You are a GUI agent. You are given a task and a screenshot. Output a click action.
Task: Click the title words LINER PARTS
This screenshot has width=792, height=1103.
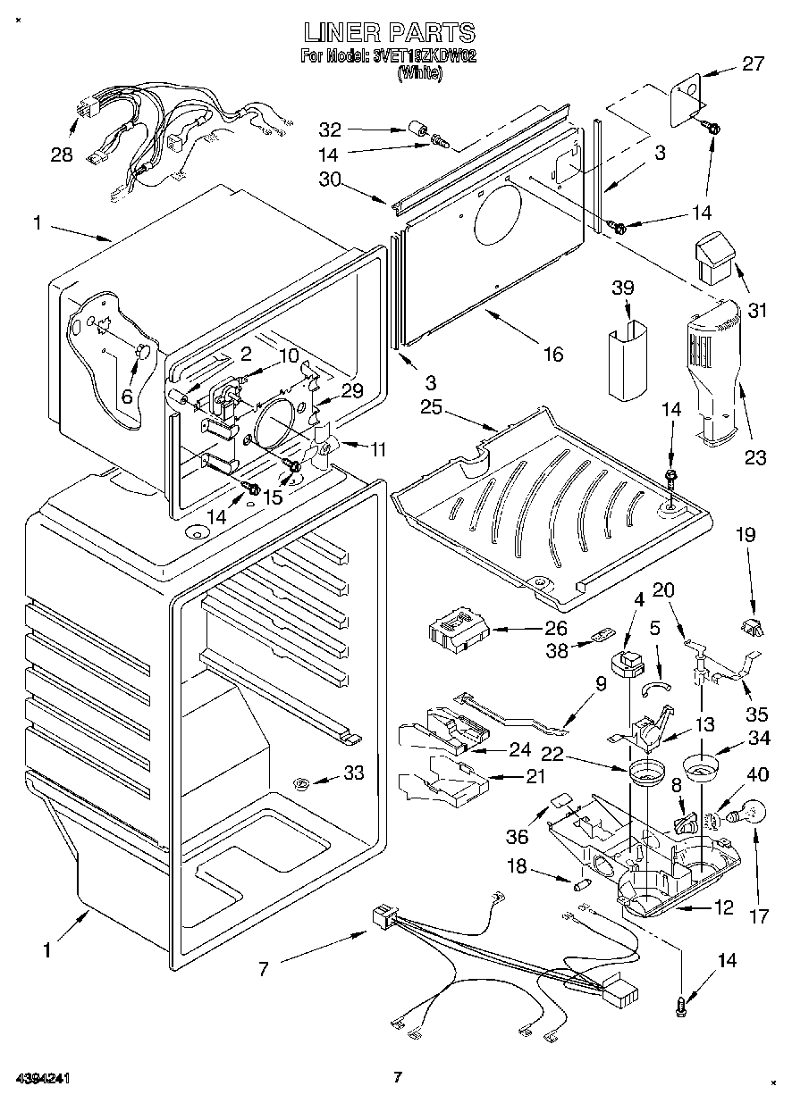(389, 33)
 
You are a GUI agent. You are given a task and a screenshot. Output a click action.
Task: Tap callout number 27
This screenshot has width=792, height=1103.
(754, 63)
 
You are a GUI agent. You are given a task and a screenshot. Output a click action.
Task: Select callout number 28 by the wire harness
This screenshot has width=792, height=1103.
(61, 155)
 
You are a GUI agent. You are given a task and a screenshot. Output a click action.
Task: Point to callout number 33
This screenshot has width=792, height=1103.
(354, 773)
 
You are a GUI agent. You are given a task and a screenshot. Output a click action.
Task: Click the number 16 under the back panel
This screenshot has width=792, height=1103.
(553, 355)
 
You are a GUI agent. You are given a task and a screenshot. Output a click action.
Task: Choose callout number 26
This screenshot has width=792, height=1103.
(556, 629)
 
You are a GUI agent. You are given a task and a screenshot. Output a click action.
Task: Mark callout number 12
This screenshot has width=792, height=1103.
(723, 908)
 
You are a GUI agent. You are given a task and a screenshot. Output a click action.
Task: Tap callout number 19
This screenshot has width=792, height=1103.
(746, 535)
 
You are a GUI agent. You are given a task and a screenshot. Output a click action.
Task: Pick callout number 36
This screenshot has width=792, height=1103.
(517, 837)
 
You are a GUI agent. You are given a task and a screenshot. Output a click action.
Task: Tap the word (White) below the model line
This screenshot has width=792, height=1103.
(419, 73)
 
